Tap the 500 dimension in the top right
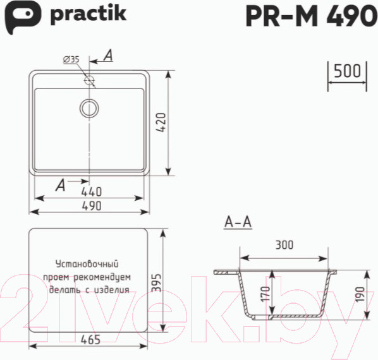pos(346,71)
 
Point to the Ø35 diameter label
pos(71,59)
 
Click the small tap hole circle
pos(89,81)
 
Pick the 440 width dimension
pos(92,191)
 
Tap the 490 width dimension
pos(92,206)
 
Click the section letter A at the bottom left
pos(60,185)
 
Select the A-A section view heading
pos(238,222)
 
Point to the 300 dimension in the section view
pos(284,246)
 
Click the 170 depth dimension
pos(265,294)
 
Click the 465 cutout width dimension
pos(92,340)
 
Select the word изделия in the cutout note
pos(110,290)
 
